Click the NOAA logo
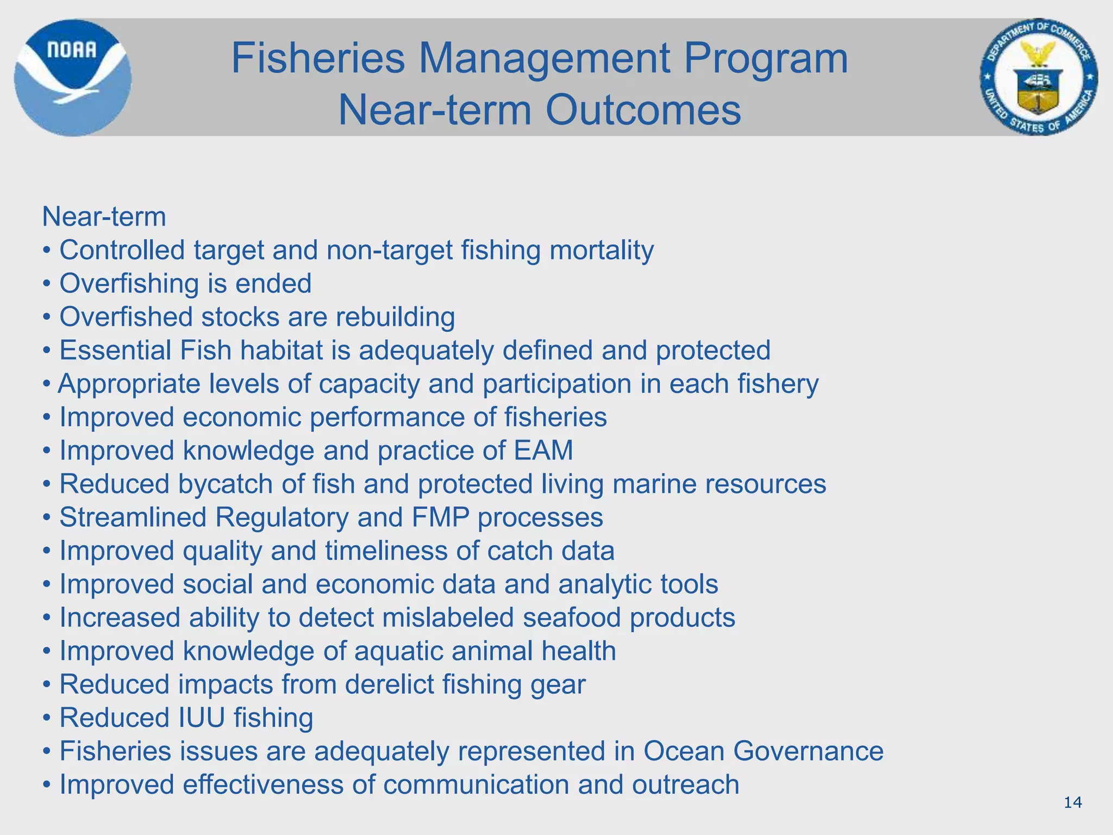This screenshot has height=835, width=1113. click(72, 77)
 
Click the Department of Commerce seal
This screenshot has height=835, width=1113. click(1039, 77)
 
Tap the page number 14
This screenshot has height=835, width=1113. click(1072, 802)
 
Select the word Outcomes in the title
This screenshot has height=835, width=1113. click(643, 110)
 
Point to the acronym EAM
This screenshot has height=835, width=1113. click(543, 450)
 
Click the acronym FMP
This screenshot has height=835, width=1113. click(440, 517)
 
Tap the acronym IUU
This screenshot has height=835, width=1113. click(202, 718)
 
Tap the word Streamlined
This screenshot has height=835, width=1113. click(133, 517)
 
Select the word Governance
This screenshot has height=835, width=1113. click(808, 751)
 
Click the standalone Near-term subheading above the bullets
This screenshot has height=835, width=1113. click(104, 217)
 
